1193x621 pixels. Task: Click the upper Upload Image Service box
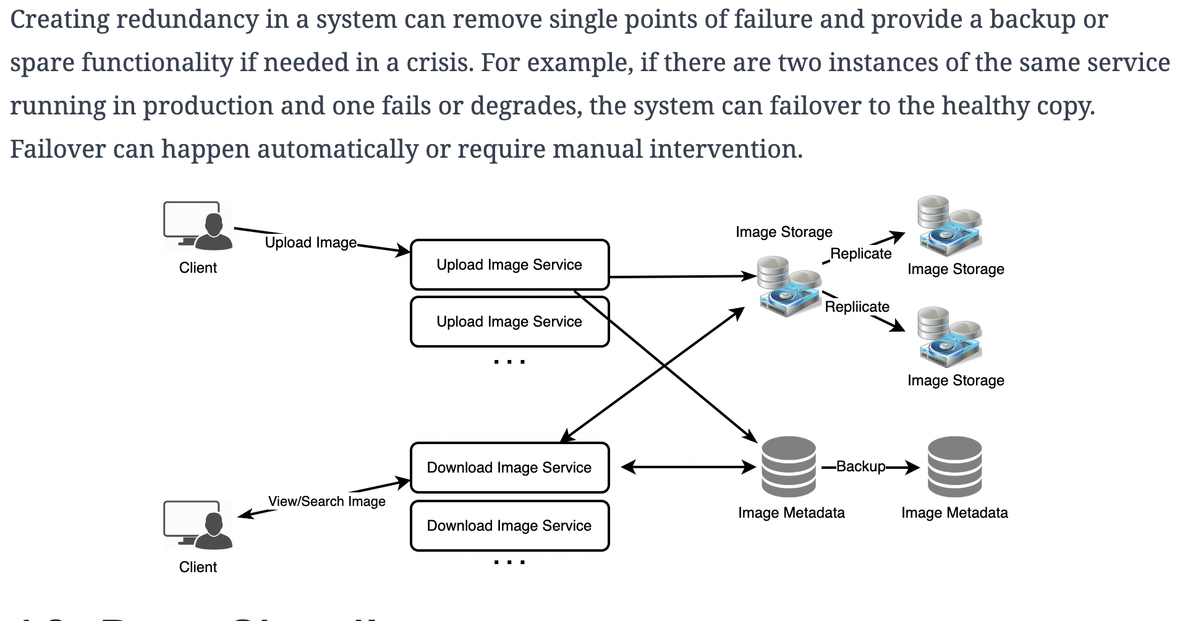tap(509, 265)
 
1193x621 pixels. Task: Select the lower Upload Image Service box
tap(509, 322)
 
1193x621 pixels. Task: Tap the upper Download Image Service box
tap(509, 468)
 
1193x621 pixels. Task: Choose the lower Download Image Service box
tap(509, 526)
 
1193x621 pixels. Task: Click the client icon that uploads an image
tap(198, 226)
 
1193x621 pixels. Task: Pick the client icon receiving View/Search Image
tap(198, 526)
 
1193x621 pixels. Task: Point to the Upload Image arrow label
tap(311, 242)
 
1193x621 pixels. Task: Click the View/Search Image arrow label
tap(327, 502)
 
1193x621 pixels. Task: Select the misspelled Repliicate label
tap(857, 307)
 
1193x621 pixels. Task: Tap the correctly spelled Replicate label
tap(860, 254)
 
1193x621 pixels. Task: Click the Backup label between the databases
tap(860, 466)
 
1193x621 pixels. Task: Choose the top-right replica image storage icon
tap(949, 226)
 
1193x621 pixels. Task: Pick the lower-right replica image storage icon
tap(949, 338)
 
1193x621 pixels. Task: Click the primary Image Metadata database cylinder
tap(789, 467)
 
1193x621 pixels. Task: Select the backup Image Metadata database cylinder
tap(954, 467)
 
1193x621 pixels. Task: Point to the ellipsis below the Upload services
tap(509, 361)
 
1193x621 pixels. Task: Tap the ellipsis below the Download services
tap(509, 562)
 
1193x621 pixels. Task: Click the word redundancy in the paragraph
tap(187, 20)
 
